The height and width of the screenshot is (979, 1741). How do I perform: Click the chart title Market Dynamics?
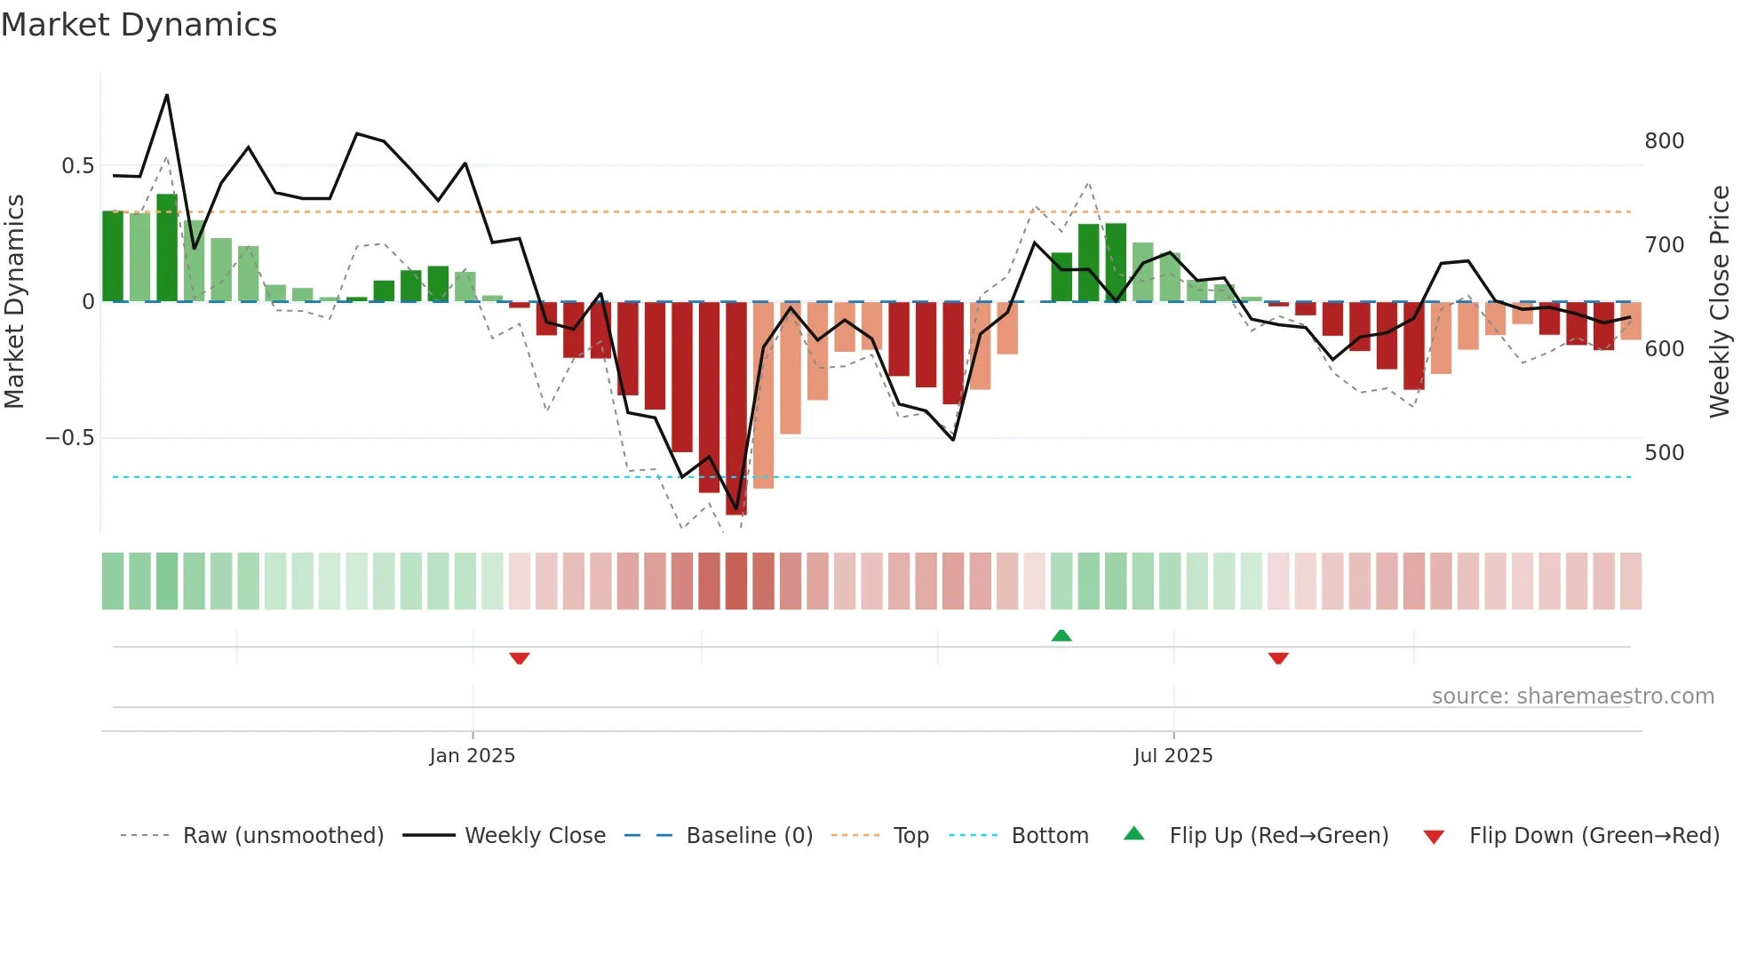tap(139, 25)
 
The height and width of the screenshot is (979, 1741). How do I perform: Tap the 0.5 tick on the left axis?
tap(77, 166)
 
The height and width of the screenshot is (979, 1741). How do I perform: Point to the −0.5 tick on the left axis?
tap(69, 438)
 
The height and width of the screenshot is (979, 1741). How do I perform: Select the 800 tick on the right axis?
tap(1664, 141)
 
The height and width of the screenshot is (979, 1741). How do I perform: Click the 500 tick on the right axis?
tap(1664, 453)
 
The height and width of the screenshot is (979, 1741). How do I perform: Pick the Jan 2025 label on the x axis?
tap(472, 756)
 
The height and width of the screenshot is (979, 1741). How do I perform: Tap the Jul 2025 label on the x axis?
tap(1173, 756)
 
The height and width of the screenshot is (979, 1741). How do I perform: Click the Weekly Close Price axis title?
tap(1720, 302)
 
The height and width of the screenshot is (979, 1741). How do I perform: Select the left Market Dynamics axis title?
tap(14, 302)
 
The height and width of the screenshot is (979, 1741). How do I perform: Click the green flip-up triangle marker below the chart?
tap(1061, 635)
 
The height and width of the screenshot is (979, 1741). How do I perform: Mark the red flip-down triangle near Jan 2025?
tap(520, 658)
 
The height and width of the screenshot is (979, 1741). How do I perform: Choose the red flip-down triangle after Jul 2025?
tap(1278, 658)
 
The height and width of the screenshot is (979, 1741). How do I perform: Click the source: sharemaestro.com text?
tap(1572, 696)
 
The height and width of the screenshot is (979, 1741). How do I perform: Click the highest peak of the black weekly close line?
tap(167, 95)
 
